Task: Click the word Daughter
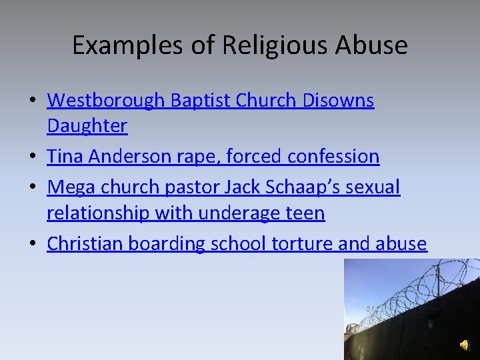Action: (x=87, y=125)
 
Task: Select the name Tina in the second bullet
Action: (x=65, y=157)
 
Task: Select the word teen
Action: (x=307, y=213)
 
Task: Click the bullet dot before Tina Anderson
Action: (x=33, y=157)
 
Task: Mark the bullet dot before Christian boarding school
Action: (x=33, y=245)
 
